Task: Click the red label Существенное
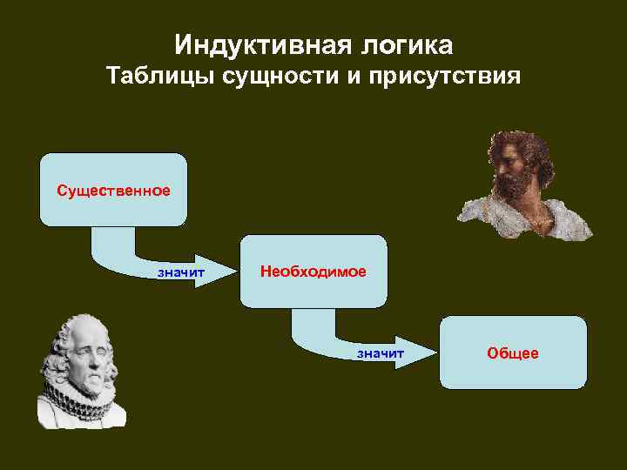[113, 190]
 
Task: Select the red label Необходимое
[313, 272]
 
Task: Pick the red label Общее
[513, 353]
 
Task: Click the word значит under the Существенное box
[180, 272]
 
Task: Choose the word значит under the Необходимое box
[381, 353]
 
